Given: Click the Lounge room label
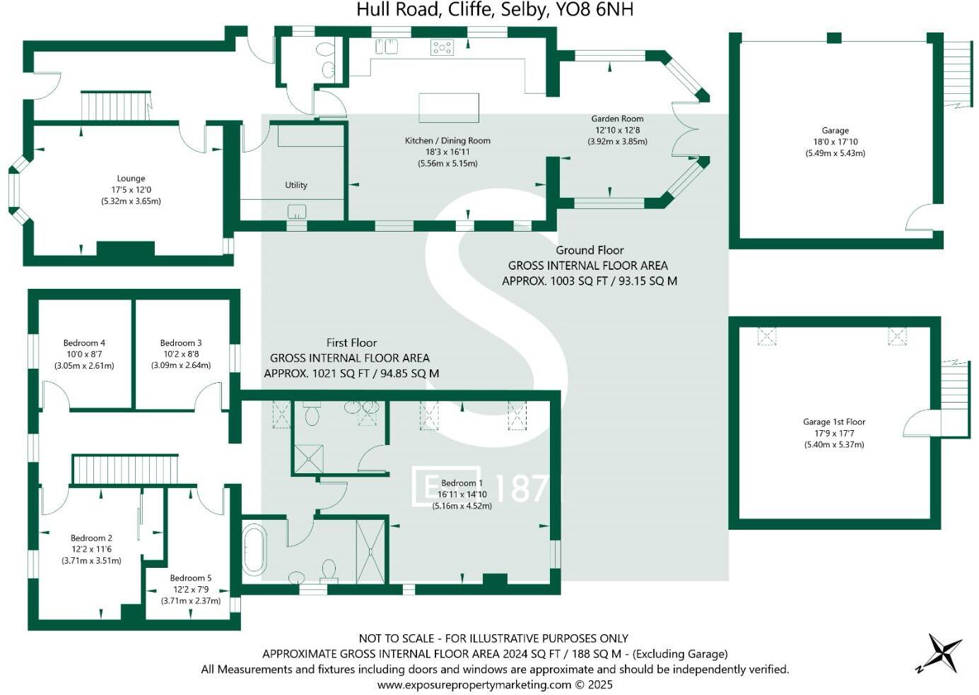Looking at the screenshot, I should (131, 179).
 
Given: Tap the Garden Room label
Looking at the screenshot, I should (617, 119).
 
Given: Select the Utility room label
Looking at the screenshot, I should (296, 185).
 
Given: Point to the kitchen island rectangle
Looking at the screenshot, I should (449, 108).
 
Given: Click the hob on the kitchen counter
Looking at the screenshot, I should (442, 47).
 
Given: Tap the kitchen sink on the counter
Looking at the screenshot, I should (387, 47).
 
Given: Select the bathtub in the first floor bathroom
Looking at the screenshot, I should (254, 549).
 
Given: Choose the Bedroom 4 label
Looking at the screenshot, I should (84, 343).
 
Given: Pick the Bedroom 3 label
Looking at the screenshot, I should (181, 343).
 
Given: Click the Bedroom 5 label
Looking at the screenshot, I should (190, 578).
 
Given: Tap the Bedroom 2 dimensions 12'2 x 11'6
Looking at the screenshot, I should (91, 550).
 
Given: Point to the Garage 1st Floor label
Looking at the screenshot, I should (834, 422).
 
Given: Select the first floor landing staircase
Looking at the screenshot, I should (125, 470).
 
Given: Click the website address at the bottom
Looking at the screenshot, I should (495, 684).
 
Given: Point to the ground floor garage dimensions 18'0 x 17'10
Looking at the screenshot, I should (835, 142).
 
